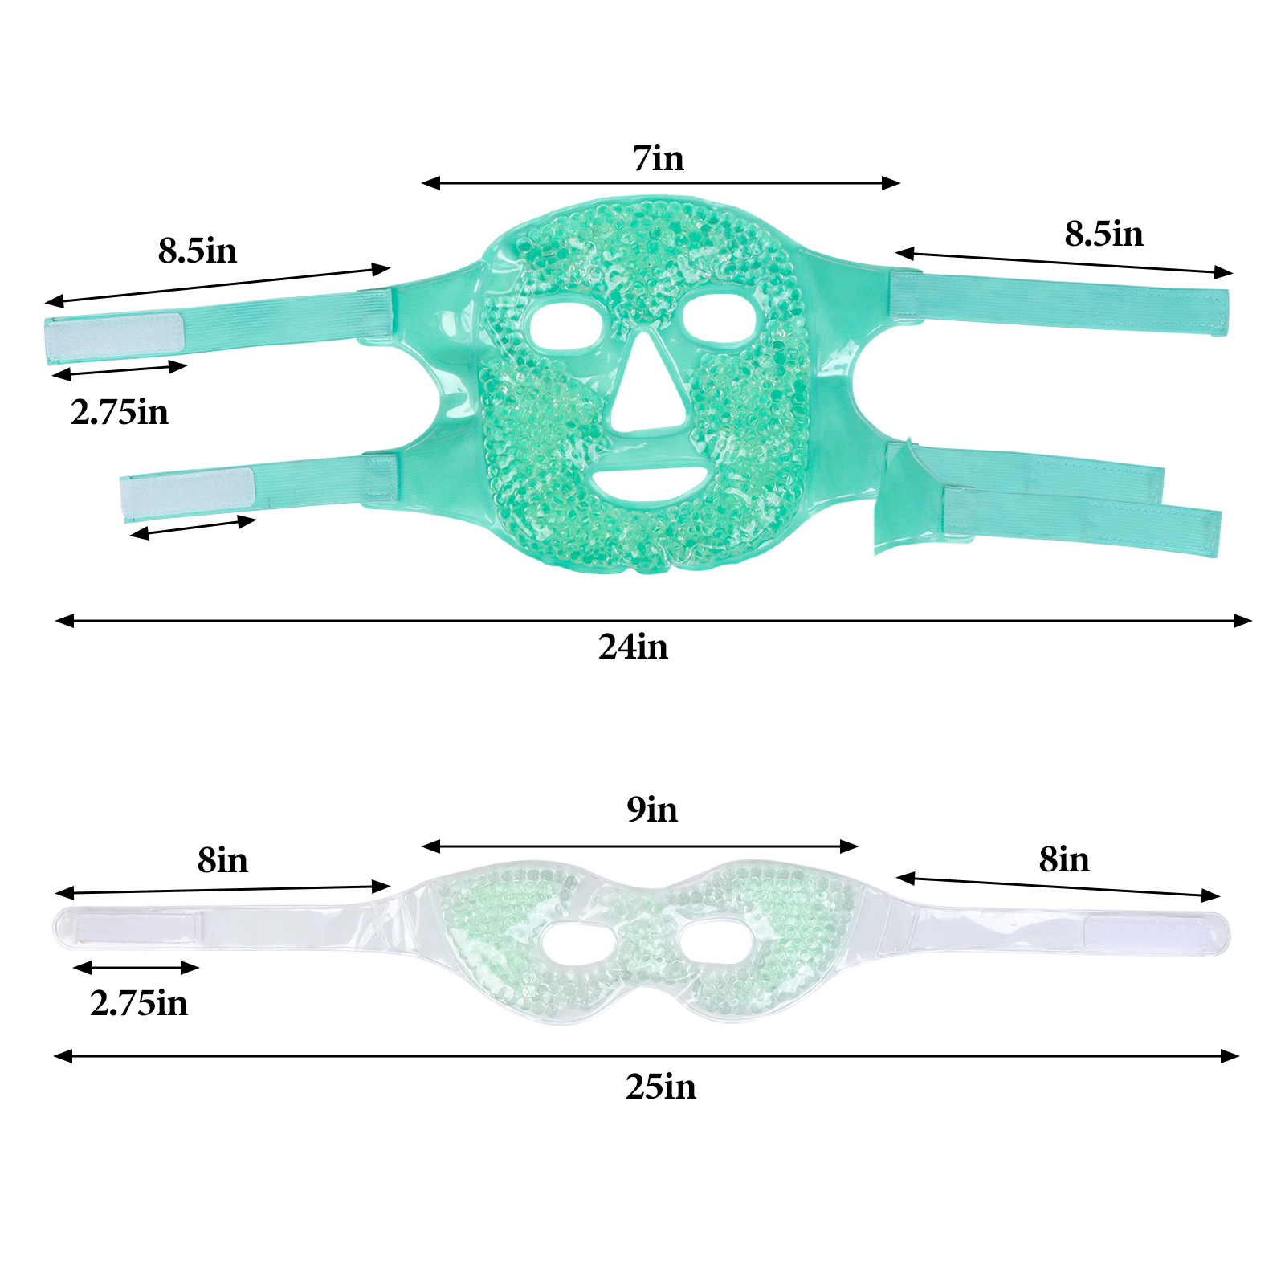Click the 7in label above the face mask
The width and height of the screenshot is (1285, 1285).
tap(658, 158)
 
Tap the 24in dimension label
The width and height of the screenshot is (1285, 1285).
tap(633, 647)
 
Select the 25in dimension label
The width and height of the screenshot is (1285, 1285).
tap(660, 1087)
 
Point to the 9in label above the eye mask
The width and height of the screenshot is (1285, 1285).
tap(652, 810)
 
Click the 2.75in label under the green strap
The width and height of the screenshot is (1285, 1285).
tap(120, 412)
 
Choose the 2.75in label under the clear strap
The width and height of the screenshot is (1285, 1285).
tap(139, 1003)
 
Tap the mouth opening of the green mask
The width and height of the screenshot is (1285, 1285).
tap(650, 483)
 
